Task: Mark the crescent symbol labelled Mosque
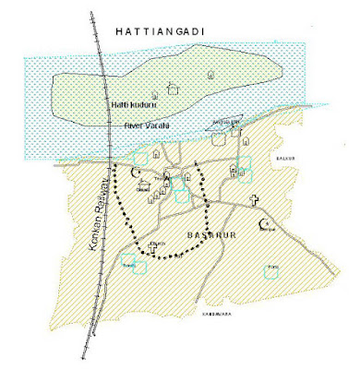(270, 223)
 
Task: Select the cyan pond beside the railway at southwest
(140, 267)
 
